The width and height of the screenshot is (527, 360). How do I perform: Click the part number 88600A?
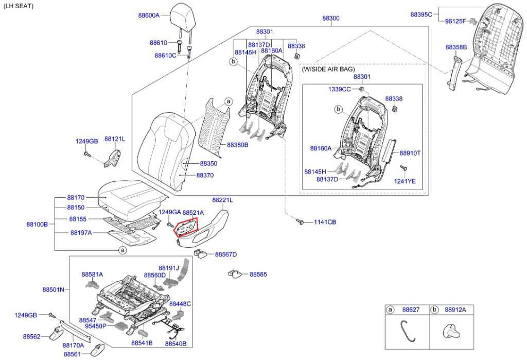(x=149, y=15)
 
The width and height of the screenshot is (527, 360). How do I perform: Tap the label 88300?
(x=331, y=18)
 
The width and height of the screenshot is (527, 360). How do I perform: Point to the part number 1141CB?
(x=325, y=222)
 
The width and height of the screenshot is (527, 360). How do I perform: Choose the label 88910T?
(x=410, y=153)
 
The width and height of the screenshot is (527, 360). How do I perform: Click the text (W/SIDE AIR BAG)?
(x=328, y=68)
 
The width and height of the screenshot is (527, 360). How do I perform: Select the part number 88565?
(x=258, y=275)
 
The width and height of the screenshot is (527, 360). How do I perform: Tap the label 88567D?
(x=226, y=254)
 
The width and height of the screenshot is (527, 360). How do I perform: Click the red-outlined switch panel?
(x=186, y=227)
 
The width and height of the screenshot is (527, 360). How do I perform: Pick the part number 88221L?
(x=222, y=199)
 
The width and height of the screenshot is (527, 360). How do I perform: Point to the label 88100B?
(x=37, y=224)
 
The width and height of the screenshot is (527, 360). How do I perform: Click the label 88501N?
(x=53, y=289)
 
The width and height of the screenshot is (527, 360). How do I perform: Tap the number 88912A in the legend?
(x=455, y=310)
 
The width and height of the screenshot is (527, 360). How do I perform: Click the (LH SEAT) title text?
(x=19, y=6)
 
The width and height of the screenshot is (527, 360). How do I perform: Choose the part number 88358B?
(x=456, y=47)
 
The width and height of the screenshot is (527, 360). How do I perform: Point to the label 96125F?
(x=455, y=21)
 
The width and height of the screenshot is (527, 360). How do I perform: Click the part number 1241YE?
(x=405, y=181)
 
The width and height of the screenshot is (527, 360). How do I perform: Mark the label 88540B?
(x=175, y=343)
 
